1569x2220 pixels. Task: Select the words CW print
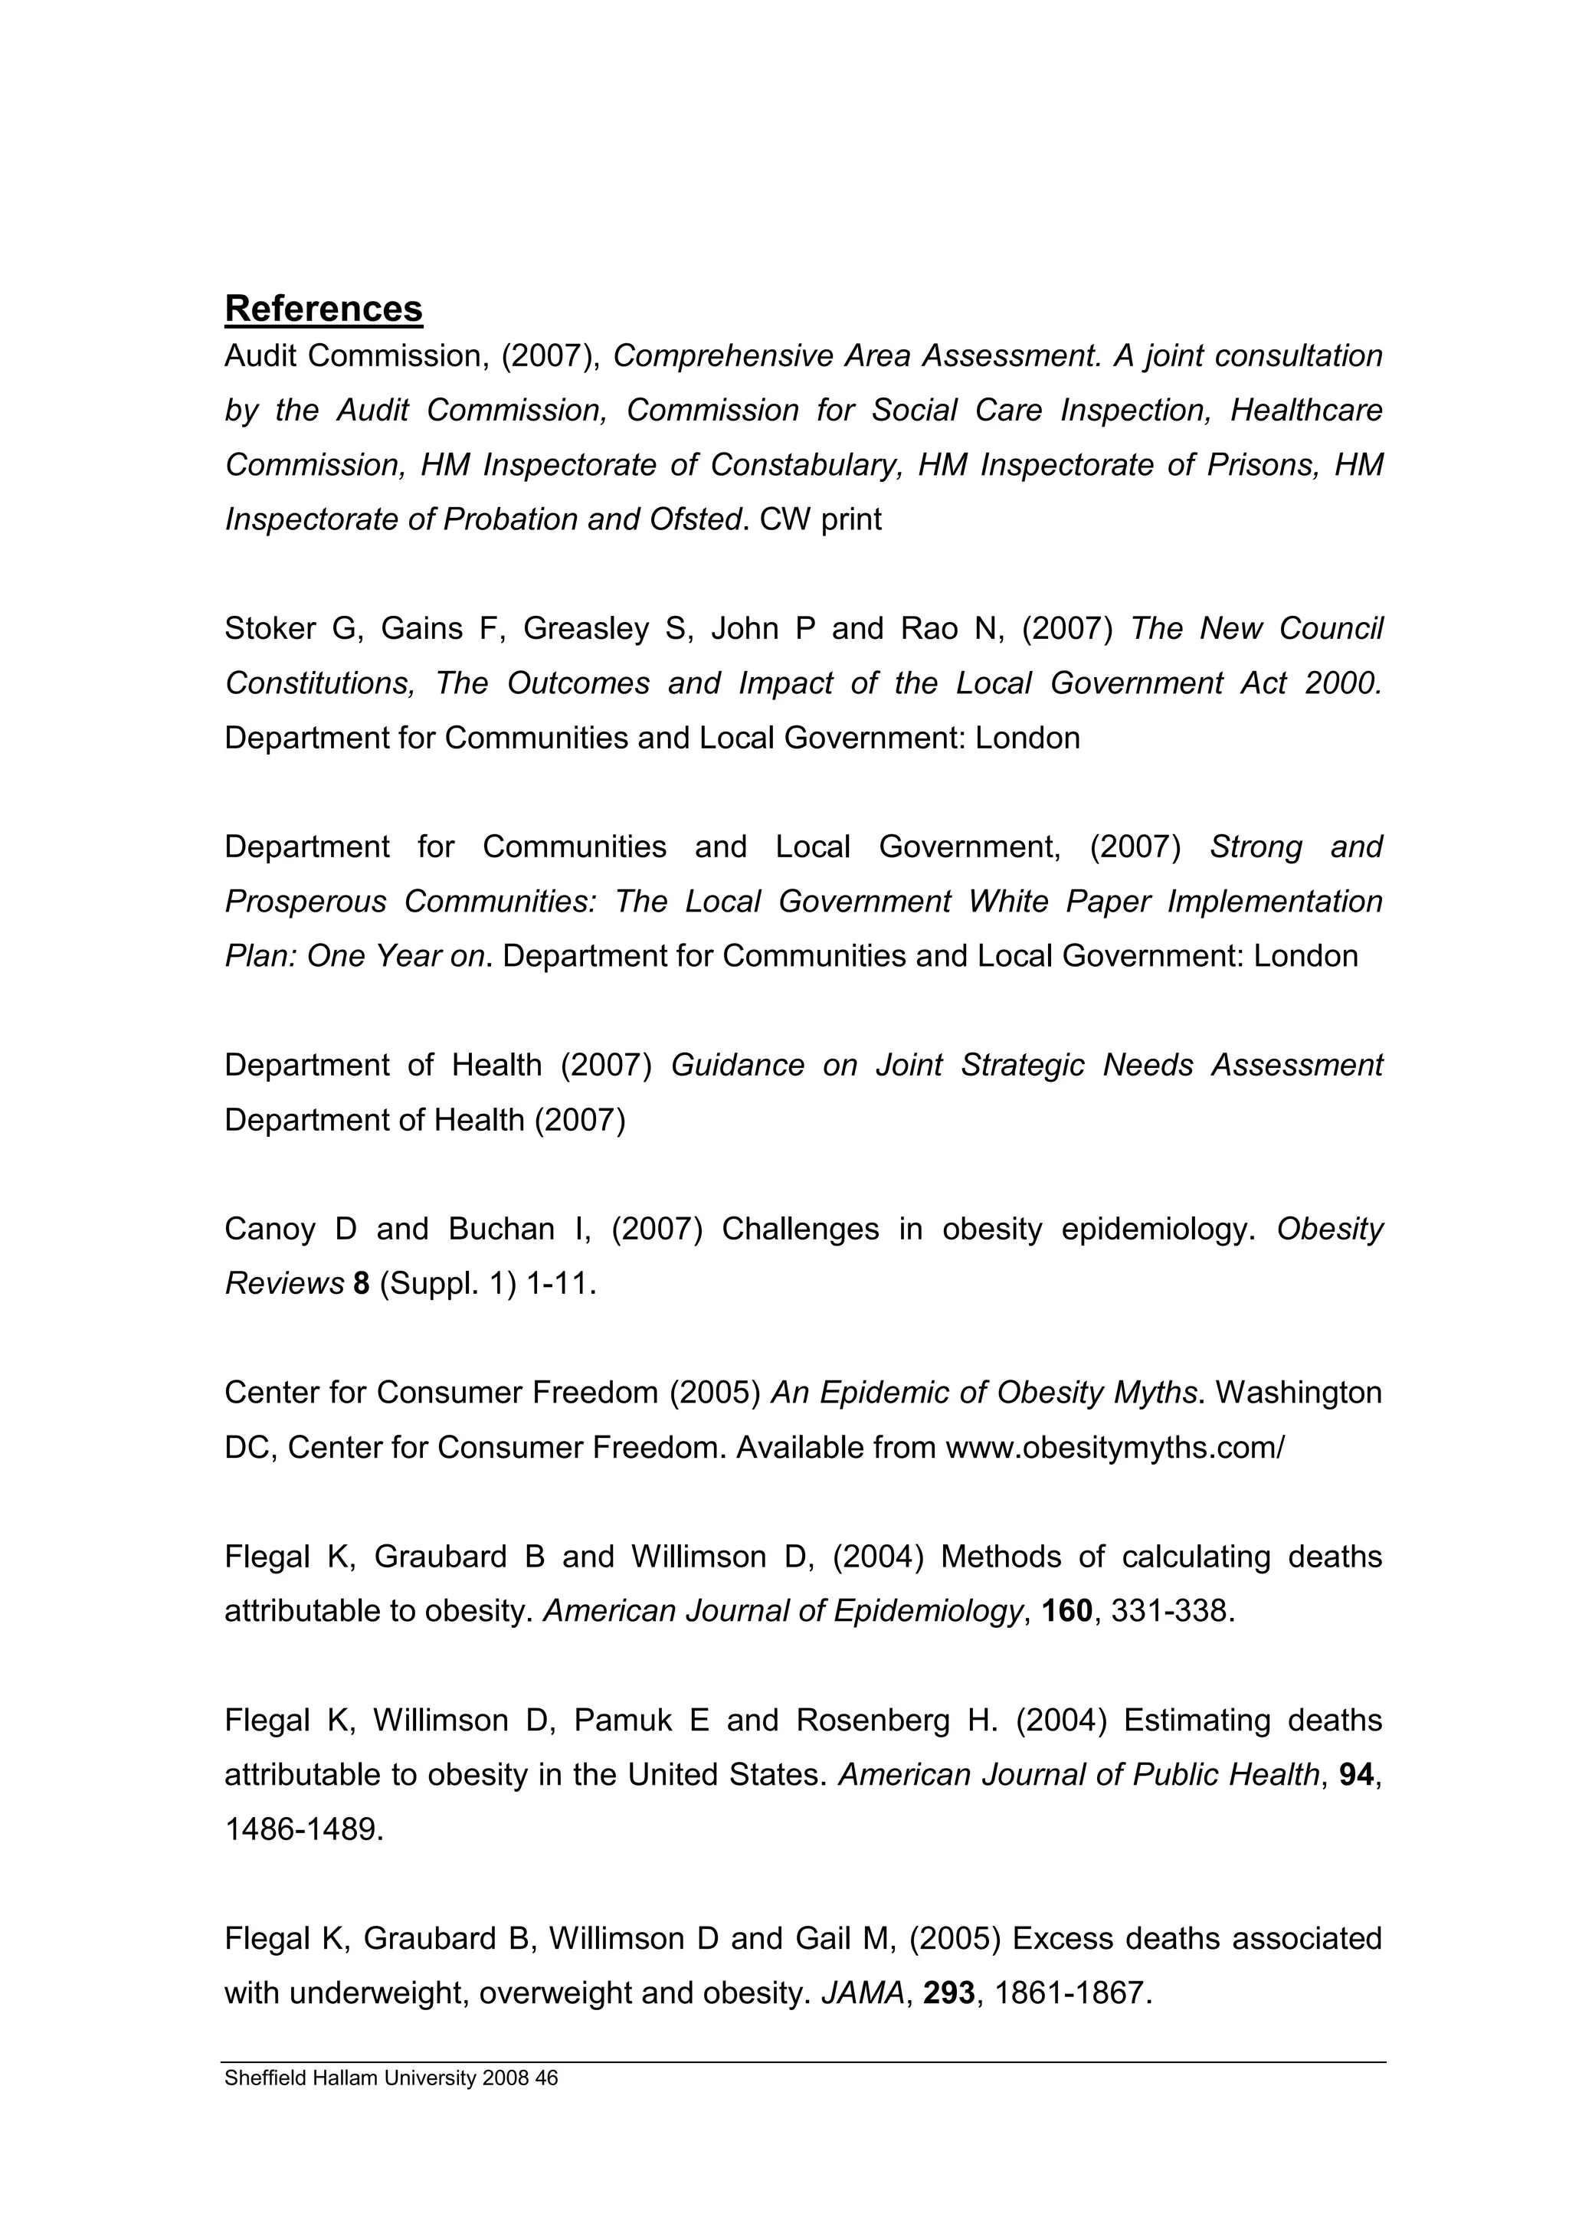pyautogui.click(x=821, y=519)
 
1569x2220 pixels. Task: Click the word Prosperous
pyautogui.click(x=304, y=901)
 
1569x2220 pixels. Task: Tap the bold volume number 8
pyautogui.click(x=362, y=1283)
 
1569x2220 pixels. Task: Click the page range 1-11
pyautogui.click(x=560, y=1283)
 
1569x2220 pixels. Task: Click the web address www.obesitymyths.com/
pyautogui.click(x=1115, y=1448)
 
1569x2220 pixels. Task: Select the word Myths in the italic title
pyautogui.click(x=1155, y=1393)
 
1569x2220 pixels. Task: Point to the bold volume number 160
pyautogui.click(x=1066, y=1611)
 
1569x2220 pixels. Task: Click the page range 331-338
pyautogui.click(x=1173, y=1611)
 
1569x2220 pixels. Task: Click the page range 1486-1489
pyautogui.click(x=303, y=1829)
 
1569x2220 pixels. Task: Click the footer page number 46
pyautogui.click(x=547, y=2078)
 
